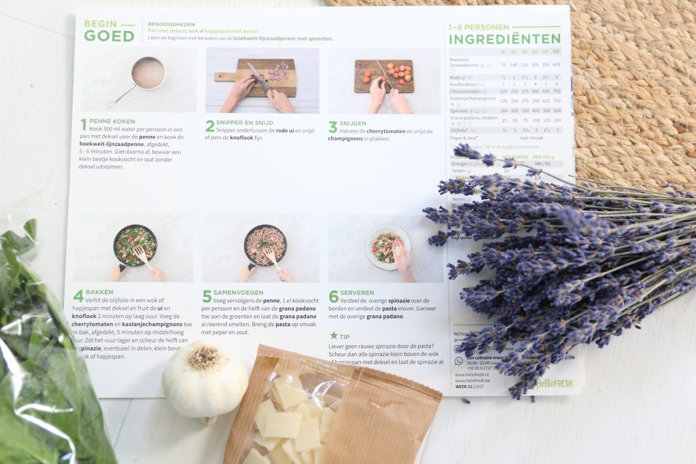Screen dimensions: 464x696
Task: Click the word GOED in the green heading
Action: pos(109,36)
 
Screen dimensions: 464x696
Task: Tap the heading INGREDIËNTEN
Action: pos(504,39)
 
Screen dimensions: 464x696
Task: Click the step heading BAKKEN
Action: pos(100,291)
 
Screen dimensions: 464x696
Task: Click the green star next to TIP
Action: pos(334,336)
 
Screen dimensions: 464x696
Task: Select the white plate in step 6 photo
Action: pos(387,247)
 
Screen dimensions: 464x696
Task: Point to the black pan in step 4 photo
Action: pos(135,245)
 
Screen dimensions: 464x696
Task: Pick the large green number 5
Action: pos(207,297)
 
